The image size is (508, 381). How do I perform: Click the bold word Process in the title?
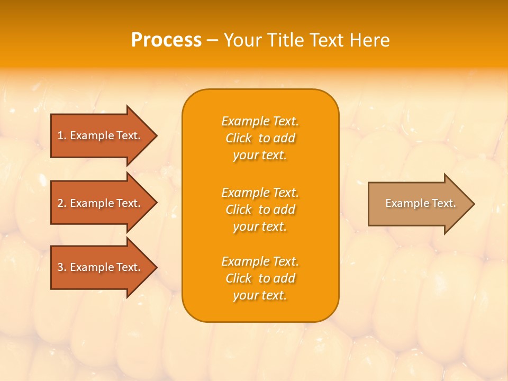(166, 40)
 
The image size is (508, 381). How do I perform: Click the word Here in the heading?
(371, 40)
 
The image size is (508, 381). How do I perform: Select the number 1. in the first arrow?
(62, 135)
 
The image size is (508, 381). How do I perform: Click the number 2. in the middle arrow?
(62, 203)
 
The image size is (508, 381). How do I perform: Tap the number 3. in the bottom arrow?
(62, 267)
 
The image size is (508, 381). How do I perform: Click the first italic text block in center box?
(260, 138)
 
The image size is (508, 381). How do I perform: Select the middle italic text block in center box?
(260, 210)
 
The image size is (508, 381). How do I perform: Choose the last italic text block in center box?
(260, 278)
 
